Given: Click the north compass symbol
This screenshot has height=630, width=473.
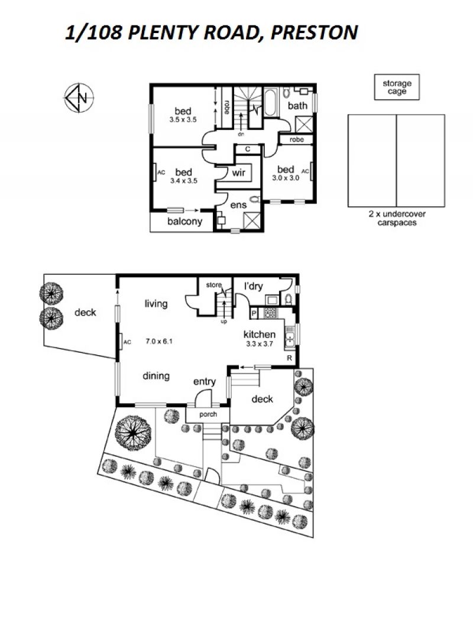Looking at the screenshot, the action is point(79,98).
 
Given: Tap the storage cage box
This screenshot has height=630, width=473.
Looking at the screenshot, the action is point(397,87).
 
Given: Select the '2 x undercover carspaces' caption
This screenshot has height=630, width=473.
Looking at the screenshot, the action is point(397,218).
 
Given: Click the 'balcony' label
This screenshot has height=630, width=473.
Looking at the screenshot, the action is point(184,222).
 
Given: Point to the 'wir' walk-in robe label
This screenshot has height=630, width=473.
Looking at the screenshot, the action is point(238,173).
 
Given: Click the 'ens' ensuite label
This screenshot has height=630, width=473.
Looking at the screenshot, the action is point(238,205).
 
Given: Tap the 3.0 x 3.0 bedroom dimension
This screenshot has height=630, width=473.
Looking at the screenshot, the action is point(286,178).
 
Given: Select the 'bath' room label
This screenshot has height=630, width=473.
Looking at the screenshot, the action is point(297,106).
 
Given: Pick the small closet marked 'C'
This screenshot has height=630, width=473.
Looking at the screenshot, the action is point(248,149).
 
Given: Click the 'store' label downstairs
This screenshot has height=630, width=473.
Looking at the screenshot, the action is point(214,285).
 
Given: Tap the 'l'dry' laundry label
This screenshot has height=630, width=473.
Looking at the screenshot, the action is point(253,286).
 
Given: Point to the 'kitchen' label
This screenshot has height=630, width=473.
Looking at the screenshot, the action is point(260,335).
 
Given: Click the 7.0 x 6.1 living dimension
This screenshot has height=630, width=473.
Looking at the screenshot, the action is point(158,342).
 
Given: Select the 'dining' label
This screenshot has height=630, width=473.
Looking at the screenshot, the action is point(156,376).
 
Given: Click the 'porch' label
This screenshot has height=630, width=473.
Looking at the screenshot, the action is point(208,414).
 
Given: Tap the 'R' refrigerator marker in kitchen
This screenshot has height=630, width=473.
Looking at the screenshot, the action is point(289,358).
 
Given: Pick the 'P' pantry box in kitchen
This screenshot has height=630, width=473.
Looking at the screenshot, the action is point(254,313).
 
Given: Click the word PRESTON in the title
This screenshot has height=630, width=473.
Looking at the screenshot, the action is point(315,33).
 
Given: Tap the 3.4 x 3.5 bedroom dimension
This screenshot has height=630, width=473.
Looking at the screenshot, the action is point(184,181).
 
